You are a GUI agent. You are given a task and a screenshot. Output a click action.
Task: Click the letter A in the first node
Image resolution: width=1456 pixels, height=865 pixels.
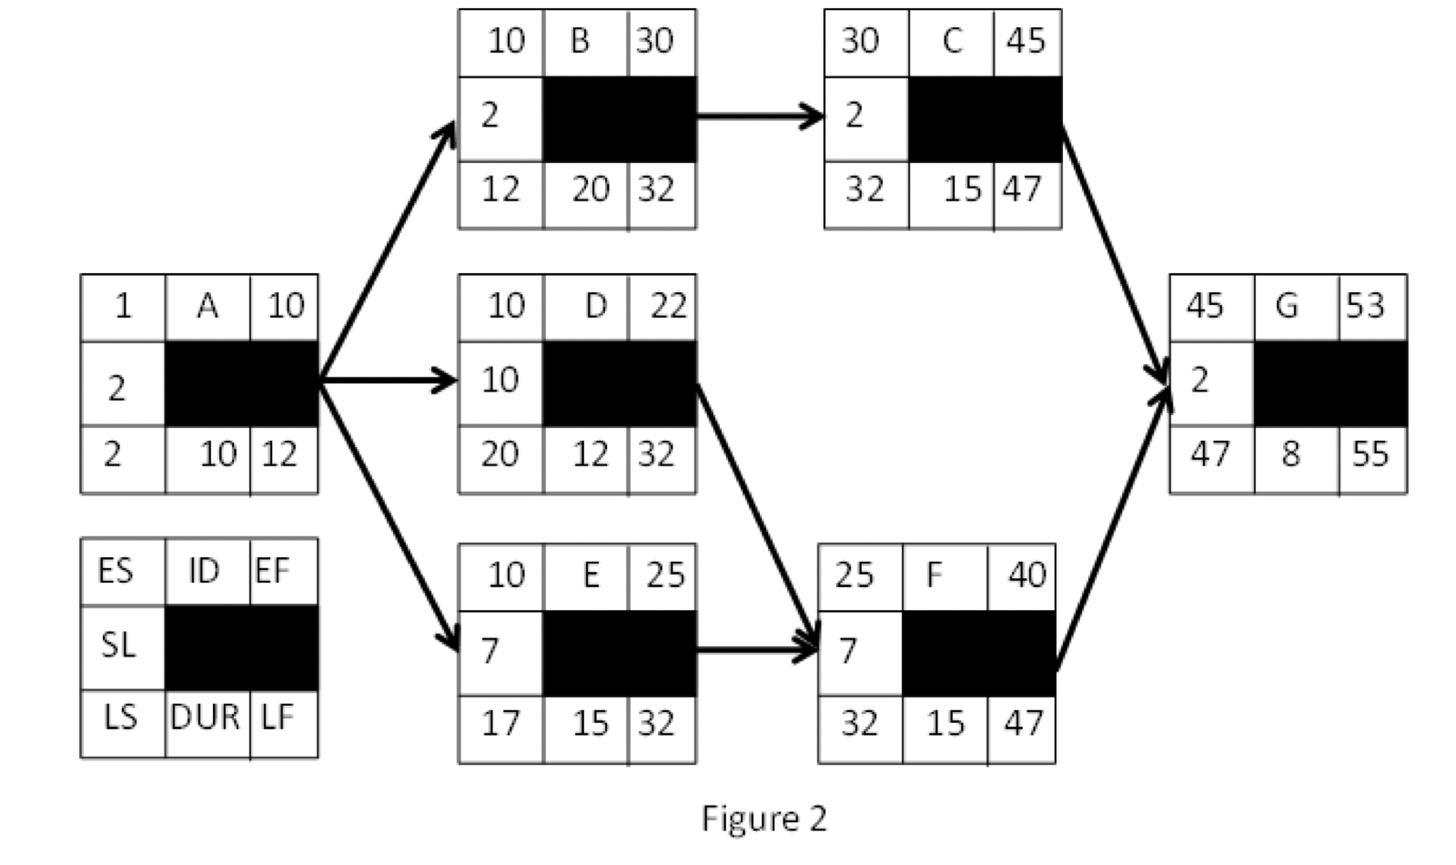tap(207, 306)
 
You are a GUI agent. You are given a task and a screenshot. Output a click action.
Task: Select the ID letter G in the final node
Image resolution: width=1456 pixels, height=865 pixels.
tap(1286, 306)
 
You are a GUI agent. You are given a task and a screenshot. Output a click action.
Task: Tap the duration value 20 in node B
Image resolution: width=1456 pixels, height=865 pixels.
tap(591, 189)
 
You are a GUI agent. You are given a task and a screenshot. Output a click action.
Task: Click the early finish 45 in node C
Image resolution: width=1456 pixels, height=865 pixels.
tap(1026, 40)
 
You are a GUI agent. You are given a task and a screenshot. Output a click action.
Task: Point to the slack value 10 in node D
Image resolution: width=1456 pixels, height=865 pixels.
tap(500, 380)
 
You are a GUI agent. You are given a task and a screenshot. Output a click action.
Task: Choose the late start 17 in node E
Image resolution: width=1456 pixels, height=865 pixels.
tap(500, 723)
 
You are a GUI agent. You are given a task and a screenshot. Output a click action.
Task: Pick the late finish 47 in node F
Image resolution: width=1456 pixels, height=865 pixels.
tap(1023, 723)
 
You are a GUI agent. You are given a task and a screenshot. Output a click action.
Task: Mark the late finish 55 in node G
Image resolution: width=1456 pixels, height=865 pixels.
tap(1370, 453)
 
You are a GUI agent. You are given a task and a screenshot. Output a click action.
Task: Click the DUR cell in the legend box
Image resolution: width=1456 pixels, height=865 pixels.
tap(206, 717)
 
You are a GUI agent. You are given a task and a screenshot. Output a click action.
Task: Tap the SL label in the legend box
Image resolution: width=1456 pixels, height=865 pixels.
tap(118, 646)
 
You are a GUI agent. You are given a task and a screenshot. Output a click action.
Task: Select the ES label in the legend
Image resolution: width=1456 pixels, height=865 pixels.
tap(116, 572)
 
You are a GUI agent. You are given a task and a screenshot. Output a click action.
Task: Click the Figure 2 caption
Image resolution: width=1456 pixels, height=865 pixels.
tap(763, 819)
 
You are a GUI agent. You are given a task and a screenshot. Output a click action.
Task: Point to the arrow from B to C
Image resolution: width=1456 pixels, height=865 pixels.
tap(759, 116)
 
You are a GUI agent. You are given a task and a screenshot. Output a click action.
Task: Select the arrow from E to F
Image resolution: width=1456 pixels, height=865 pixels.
tap(755, 650)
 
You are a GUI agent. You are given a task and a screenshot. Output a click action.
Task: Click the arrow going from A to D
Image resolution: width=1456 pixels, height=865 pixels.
tap(387, 380)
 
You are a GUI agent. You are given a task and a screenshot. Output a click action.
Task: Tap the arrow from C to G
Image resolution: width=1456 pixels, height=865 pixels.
tap(1114, 255)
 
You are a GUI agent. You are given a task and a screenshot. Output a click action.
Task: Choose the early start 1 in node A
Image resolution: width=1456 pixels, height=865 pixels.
tap(123, 306)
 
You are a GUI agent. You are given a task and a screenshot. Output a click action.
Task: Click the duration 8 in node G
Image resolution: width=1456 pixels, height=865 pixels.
tap(1290, 453)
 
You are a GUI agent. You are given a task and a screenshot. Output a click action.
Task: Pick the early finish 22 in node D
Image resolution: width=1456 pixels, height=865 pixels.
tap(668, 306)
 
